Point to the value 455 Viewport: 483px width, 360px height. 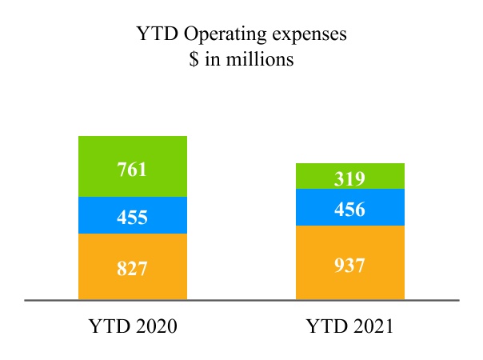click(132, 217)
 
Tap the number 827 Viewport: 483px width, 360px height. click(132, 268)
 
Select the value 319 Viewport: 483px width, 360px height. click(349, 179)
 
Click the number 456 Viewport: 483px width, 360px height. click(349, 210)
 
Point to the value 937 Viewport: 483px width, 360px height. click(349, 265)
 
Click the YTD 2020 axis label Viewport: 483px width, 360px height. click(132, 327)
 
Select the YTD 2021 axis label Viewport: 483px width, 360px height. click(349, 327)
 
